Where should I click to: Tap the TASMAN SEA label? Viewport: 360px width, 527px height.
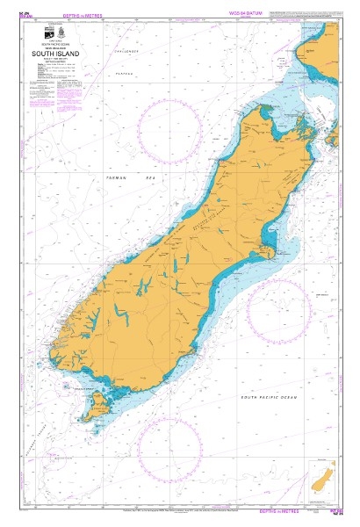tap(129, 177)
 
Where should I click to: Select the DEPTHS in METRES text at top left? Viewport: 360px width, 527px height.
tap(54, 13)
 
